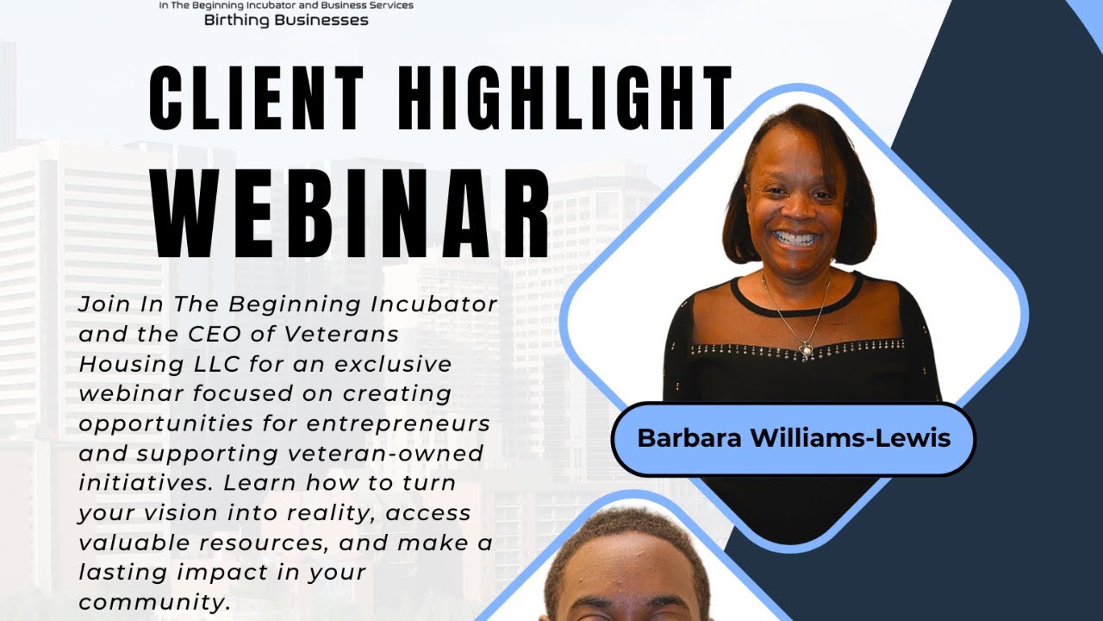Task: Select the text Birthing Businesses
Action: (x=286, y=20)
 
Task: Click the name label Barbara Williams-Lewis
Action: (x=793, y=438)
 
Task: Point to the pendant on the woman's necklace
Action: (x=807, y=349)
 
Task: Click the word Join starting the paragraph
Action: (x=104, y=304)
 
